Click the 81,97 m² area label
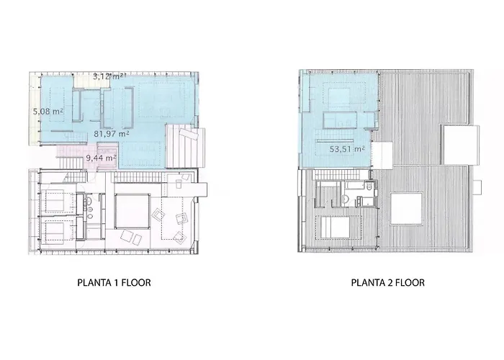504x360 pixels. coord(112,133)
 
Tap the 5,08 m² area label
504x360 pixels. coord(48,111)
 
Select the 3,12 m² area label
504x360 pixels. coord(109,76)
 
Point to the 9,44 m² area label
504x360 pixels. coord(102,158)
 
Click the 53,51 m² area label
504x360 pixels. coord(347,149)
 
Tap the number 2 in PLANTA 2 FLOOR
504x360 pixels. coord(390,282)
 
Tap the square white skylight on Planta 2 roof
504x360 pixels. coord(406,208)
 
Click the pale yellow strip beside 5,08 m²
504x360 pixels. coord(35,109)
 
